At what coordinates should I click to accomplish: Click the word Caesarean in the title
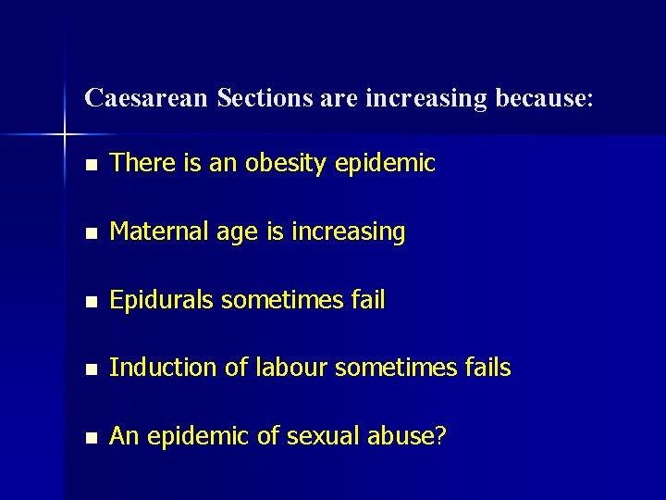[146, 98]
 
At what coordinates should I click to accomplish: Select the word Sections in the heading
[265, 98]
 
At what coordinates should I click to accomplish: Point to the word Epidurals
[162, 300]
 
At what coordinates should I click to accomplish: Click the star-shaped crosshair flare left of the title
[65, 135]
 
